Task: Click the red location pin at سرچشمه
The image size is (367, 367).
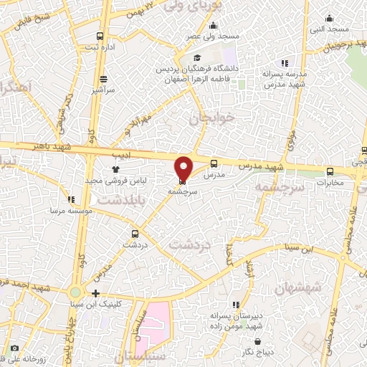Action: [183, 167]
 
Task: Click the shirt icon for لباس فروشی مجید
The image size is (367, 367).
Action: [115, 169]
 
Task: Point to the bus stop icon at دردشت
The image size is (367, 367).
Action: [135, 234]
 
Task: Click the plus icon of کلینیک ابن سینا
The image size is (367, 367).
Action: [96, 292]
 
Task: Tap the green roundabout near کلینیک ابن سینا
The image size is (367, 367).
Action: [75, 292]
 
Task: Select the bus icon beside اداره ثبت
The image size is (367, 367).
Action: [100, 36]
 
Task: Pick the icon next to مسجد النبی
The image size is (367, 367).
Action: [330, 18]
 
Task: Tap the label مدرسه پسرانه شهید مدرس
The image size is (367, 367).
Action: [287, 79]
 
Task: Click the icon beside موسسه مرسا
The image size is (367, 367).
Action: [70, 199]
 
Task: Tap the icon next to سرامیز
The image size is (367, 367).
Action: [104, 79]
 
